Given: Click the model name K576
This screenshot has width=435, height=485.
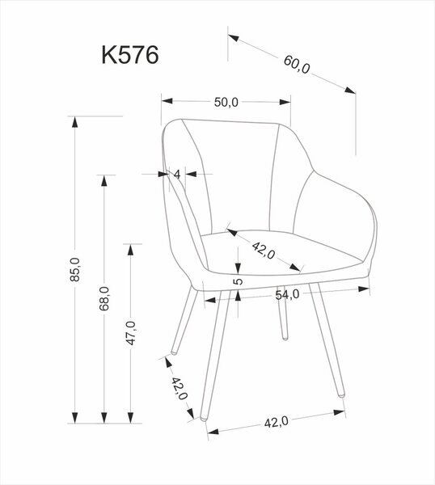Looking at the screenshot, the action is point(130,55).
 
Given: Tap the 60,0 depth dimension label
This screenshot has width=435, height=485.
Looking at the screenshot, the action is point(297,65).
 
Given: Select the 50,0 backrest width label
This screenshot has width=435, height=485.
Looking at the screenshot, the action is point(226,102).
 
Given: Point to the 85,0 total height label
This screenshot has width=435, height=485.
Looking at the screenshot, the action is point(75,269).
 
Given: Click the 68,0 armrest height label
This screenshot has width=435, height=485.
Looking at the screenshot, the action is point(104,298).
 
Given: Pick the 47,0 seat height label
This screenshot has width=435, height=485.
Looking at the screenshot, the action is point(130,333).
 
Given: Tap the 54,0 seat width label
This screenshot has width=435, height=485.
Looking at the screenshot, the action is point(287,295).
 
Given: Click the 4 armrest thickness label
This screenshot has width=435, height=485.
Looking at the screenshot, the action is point(176,175).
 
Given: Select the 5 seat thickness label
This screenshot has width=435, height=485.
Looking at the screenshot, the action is point(238,281).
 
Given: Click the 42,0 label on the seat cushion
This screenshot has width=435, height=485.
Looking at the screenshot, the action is point(264,251).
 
